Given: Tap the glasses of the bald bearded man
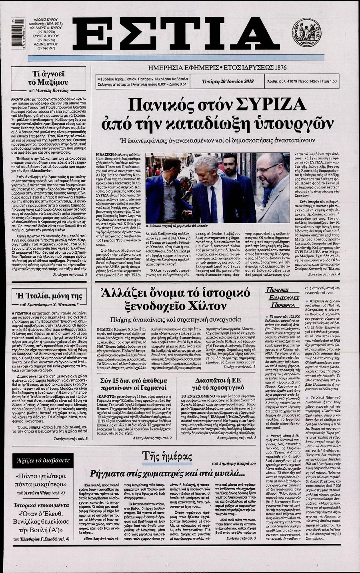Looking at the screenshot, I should coord(268,169).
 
